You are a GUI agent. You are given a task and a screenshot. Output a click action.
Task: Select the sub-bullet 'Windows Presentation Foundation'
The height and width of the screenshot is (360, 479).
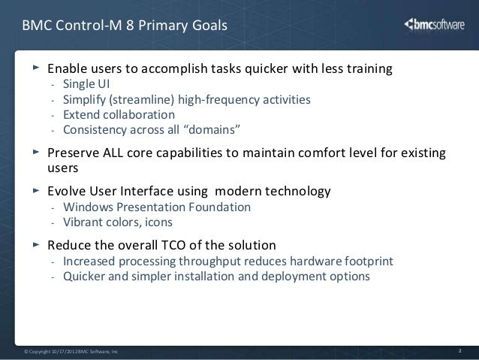click(158, 207)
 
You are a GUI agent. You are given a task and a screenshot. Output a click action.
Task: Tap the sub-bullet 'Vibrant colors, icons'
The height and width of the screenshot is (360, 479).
click(118, 222)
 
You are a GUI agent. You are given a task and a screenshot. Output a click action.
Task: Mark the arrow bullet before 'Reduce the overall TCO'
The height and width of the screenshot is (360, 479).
click(35, 245)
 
